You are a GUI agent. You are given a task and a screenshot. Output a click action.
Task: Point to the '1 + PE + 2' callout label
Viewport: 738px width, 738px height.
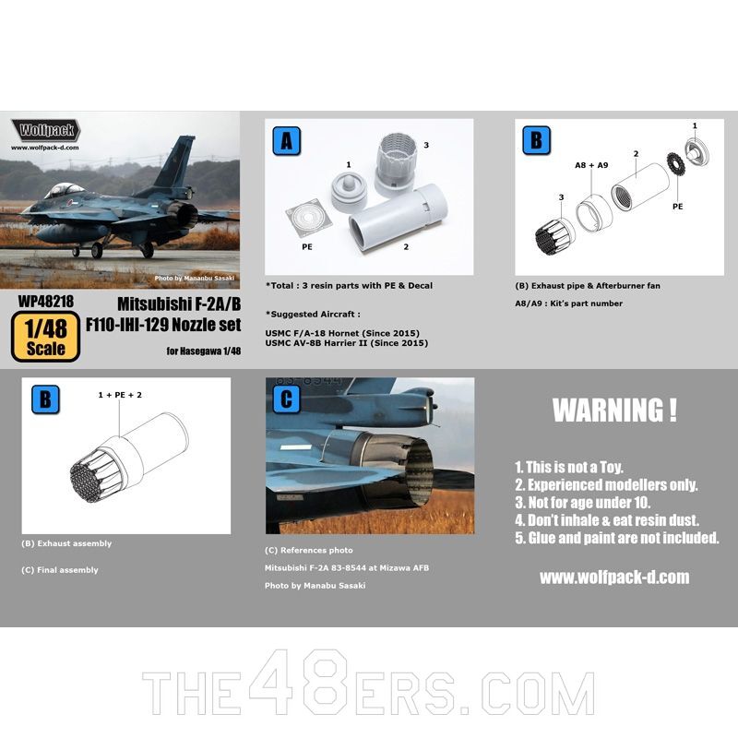point(120,395)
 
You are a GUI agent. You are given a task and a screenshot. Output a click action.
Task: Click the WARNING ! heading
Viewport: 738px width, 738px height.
point(614,411)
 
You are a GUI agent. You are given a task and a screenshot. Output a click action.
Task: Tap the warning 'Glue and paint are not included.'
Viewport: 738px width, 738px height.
point(616,539)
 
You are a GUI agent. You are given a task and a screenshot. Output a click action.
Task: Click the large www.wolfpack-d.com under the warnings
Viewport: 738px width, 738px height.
point(614,577)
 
